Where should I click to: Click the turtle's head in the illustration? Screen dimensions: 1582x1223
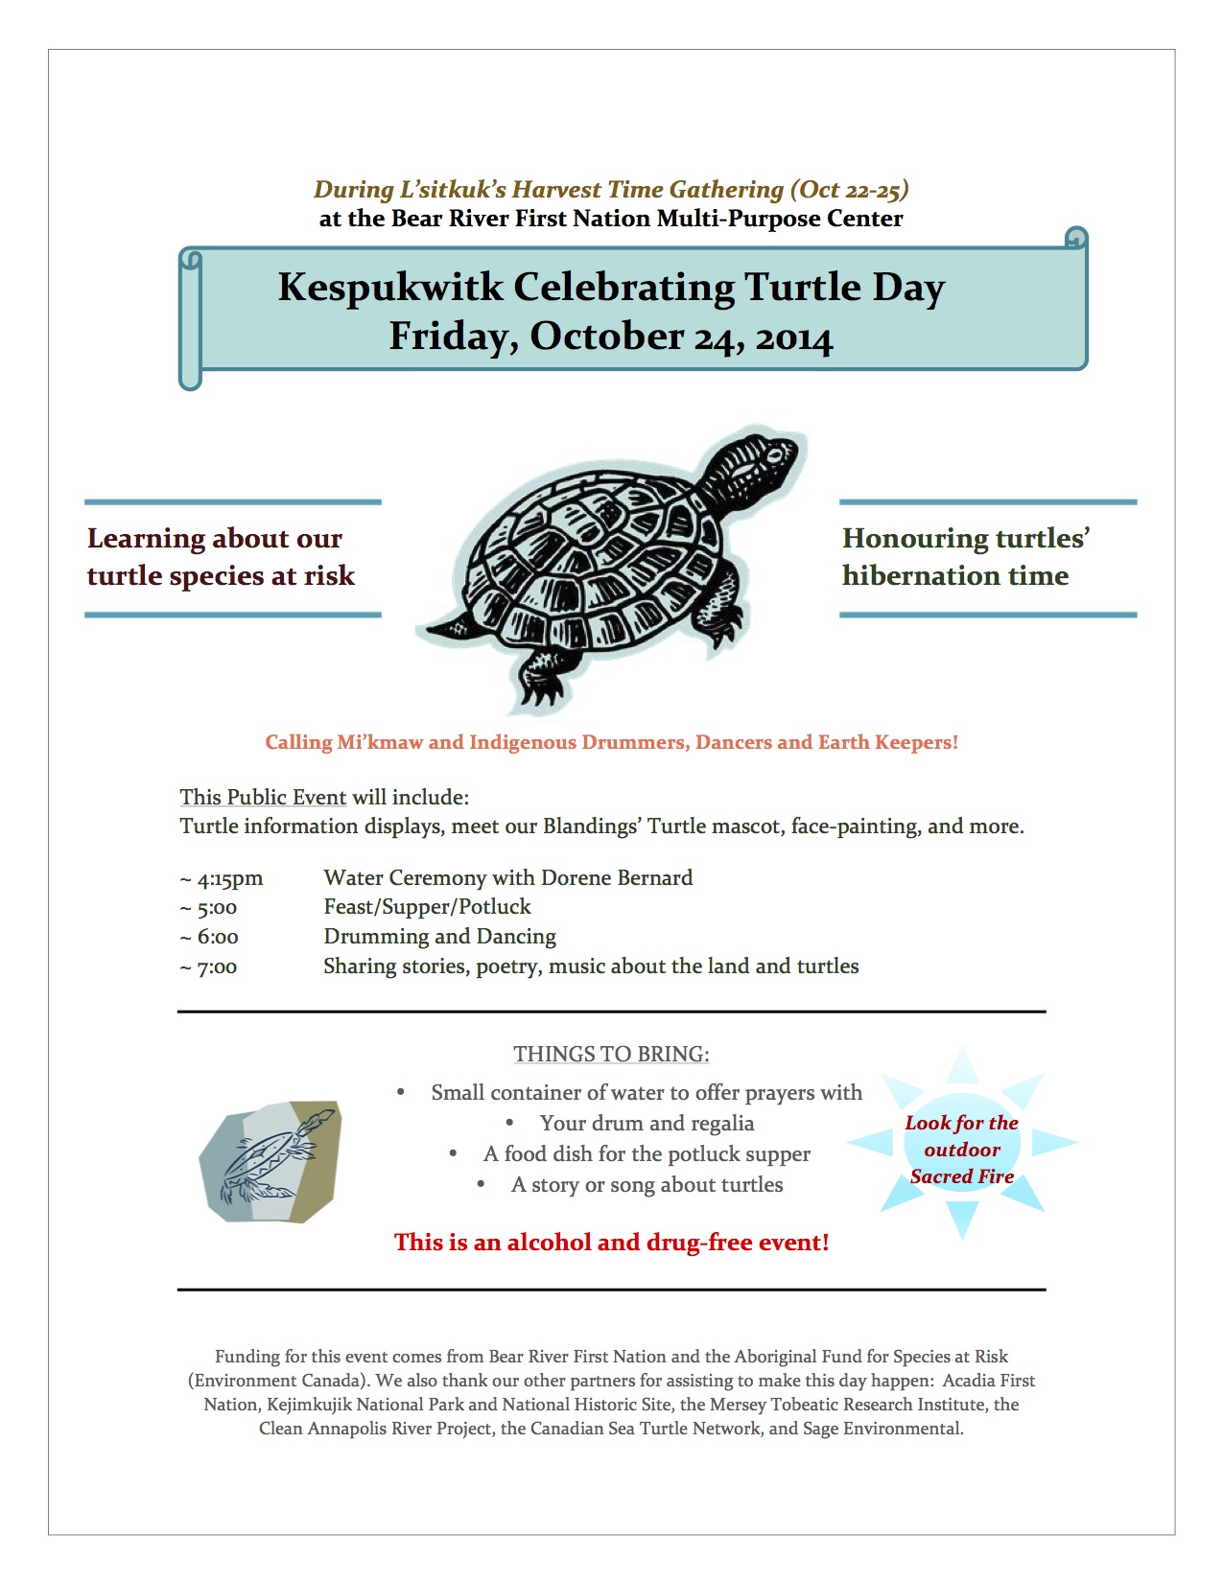pos(762,462)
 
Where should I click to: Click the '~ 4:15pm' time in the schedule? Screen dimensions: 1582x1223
pos(222,878)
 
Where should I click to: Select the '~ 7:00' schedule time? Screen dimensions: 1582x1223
pos(208,966)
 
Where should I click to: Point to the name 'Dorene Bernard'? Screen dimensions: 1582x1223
pos(617,877)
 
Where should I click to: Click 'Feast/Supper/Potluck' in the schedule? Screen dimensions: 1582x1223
pos(427,907)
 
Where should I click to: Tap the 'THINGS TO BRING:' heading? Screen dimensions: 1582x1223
pos(611,1054)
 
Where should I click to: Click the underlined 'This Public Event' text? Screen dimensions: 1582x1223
pos(263,797)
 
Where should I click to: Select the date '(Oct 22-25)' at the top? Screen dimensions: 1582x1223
pos(849,190)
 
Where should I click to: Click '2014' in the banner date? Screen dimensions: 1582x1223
pos(793,337)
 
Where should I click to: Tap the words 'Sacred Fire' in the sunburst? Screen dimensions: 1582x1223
pos(962,1176)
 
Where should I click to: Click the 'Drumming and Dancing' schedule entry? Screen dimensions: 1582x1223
pos(439,937)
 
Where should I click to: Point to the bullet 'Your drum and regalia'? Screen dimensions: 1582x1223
pos(647,1123)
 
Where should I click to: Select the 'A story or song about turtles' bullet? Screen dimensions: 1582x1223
pos(647,1185)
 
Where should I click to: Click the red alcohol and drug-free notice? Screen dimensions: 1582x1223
pos(611,1242)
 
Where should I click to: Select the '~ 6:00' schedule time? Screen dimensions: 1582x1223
pos(209,937)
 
